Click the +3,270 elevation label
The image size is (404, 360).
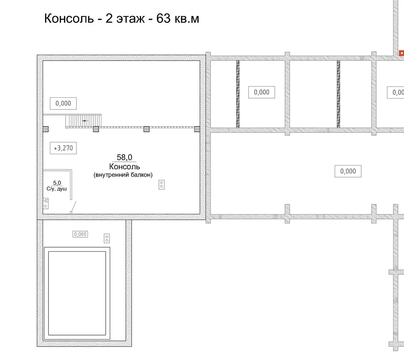[x=63, y=148]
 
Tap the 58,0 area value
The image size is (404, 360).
[x=124, y=157]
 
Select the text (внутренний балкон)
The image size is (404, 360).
[x=123, y=175]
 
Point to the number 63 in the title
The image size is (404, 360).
[x=163, y=19]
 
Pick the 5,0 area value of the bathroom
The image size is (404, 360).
[x=57, y=183]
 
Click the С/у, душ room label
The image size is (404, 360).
[x=57, y=189]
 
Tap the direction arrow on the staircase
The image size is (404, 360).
[x=86, y=120]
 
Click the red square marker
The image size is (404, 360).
[x=401, y=53]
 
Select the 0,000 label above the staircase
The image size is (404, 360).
[x=63, y=103]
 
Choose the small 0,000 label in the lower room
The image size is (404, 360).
[x=80, y=234]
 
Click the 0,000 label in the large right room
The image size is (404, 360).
[x=348, y=171]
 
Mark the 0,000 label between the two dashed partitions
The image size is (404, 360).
[x=262, y=92]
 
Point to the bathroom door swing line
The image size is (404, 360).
[x=74, y=207]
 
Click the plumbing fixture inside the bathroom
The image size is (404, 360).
[x=46, y=204]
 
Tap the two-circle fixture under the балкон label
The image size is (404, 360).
[x=162, y=185]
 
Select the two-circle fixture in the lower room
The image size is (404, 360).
[x=107, y=239]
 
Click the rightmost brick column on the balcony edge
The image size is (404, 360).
[x=197, y=129]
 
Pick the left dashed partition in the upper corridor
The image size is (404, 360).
[x=238, y=94]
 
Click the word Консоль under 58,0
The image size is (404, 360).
[x=125, y=167]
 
